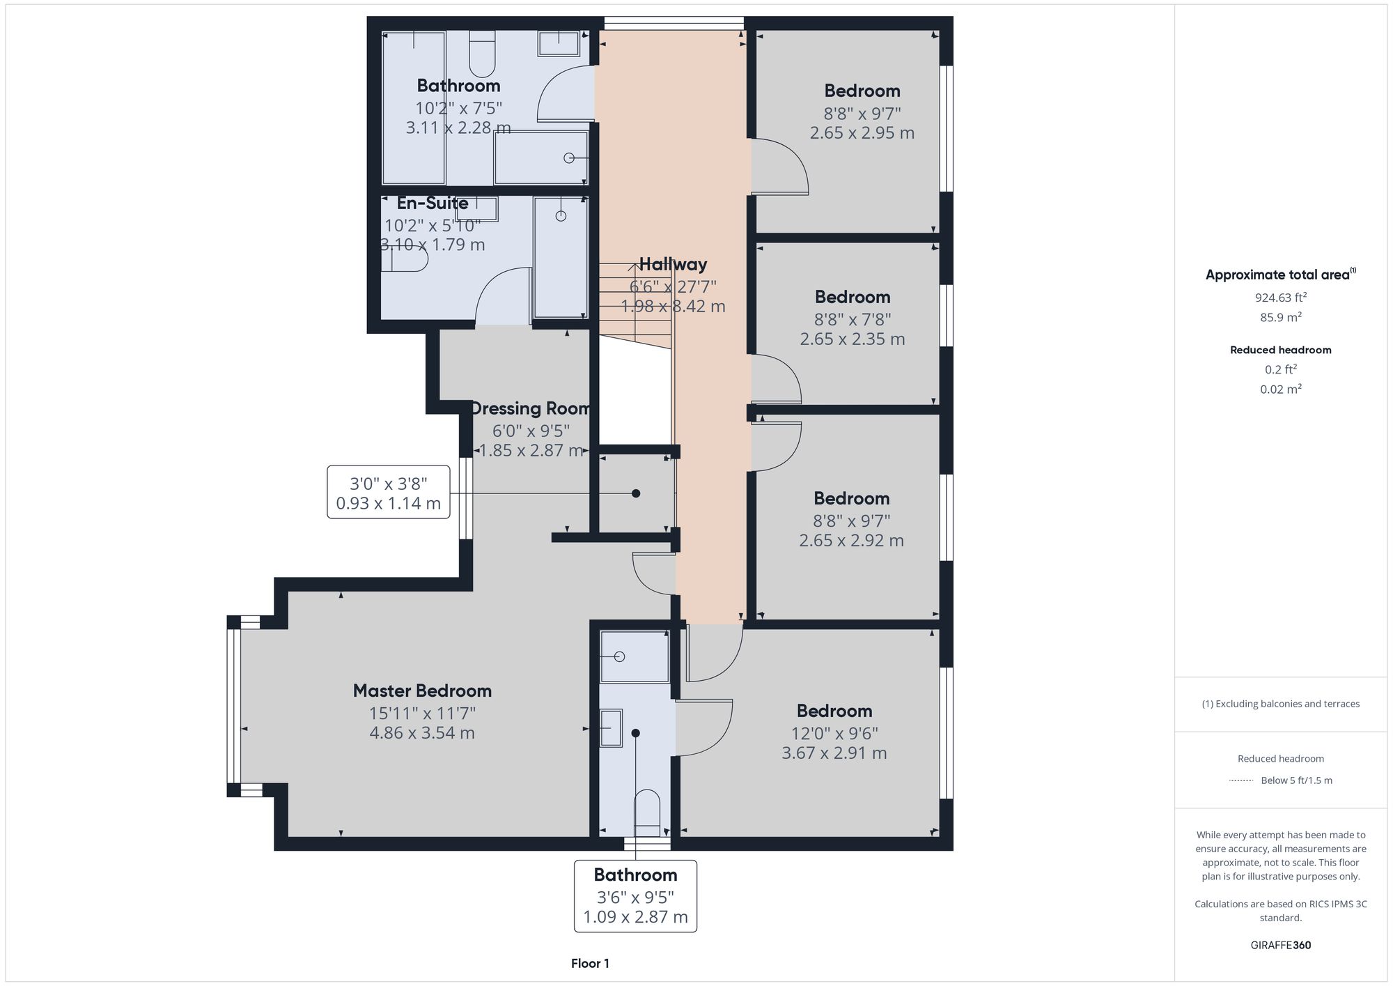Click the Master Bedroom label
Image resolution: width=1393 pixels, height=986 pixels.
pyautogui.click(x=422, y=691)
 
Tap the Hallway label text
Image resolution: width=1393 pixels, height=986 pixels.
pyautogui.click(x=673, y=264)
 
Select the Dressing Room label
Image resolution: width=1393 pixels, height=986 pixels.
pyautogui.click(x=531, y=408)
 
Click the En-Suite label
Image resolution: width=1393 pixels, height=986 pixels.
pyautogui.click(x=433, y=203)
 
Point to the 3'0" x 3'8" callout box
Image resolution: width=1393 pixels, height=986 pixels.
pyautogui.click(x=388, y=493)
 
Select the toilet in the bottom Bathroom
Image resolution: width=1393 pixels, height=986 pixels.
pyautogui.click(x=647, y=812)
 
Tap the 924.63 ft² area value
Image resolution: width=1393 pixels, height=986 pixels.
pyautogui.click(x=1280, y=298)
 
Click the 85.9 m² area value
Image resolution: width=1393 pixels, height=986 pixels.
pyautogui.click(x=1280, y=317)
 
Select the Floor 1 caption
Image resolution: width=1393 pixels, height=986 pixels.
pyautogui.click(x=590, y=964)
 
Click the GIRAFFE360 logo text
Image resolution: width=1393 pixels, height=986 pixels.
pyautogui.click(x=1280, y=946)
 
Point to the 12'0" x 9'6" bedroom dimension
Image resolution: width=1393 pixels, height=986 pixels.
pyautogui.click(x=834, y=733)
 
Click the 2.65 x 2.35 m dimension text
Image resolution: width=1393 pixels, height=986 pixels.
pyautogui.click(x=852, y=339)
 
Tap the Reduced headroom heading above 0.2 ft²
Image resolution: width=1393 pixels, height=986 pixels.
pyautogui.click(x=1280, y=350)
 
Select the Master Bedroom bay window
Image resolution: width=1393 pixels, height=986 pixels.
pyautogui.click(x=234, y=705)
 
